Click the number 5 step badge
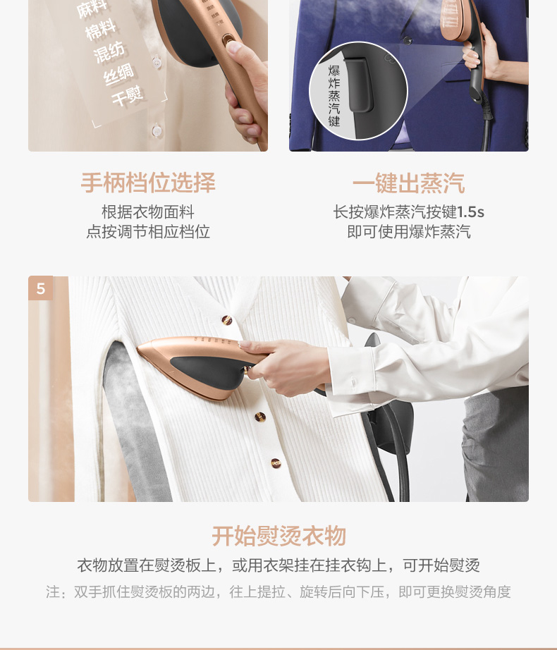[x=41, y=288]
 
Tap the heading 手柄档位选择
[x=148, y=183]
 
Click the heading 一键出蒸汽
[x=409, y=183]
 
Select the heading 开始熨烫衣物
[x=278, y=536]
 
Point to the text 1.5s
[x=470, y=211]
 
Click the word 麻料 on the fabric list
[x=92, y=9]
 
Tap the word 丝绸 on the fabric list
[x=118, y=74]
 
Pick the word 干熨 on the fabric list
[x=128, y=96]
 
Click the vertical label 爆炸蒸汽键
[x=334, y=95]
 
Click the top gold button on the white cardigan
[x=227, y=319]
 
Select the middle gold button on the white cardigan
[x=260, y=417]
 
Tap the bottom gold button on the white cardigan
[x=276, y=463]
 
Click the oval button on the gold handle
[x=228, y=41]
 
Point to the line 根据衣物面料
[x=148, y=211]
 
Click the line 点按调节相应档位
[x=148, y=231]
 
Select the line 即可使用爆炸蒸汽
[x=409, y=231]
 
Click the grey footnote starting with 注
[x=278, y=591]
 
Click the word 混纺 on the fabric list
[x=109, y=52]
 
